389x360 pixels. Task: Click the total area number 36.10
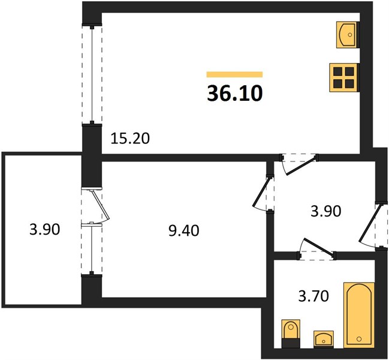[235, 94]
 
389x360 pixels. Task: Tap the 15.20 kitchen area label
[130, 139]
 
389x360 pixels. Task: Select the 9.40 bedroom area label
[183, 231]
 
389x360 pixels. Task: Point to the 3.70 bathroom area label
[313, 296]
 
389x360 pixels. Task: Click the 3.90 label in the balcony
[45, 229]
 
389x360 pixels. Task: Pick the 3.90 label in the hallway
[326, 211]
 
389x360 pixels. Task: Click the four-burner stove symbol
[344, 77]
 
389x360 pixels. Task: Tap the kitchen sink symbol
[347, 35]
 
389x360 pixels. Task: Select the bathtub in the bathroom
[359, 315]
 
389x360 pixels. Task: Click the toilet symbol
[291, 334]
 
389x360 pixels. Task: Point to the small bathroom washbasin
[323, 338]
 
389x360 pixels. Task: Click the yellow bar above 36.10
[235, 74]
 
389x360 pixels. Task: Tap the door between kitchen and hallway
[300, 164]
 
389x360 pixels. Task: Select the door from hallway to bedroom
[261, 192]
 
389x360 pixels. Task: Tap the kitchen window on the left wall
[92, 74]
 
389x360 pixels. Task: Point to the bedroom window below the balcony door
[92, 248]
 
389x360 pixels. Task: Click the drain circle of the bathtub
[359, 339]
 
